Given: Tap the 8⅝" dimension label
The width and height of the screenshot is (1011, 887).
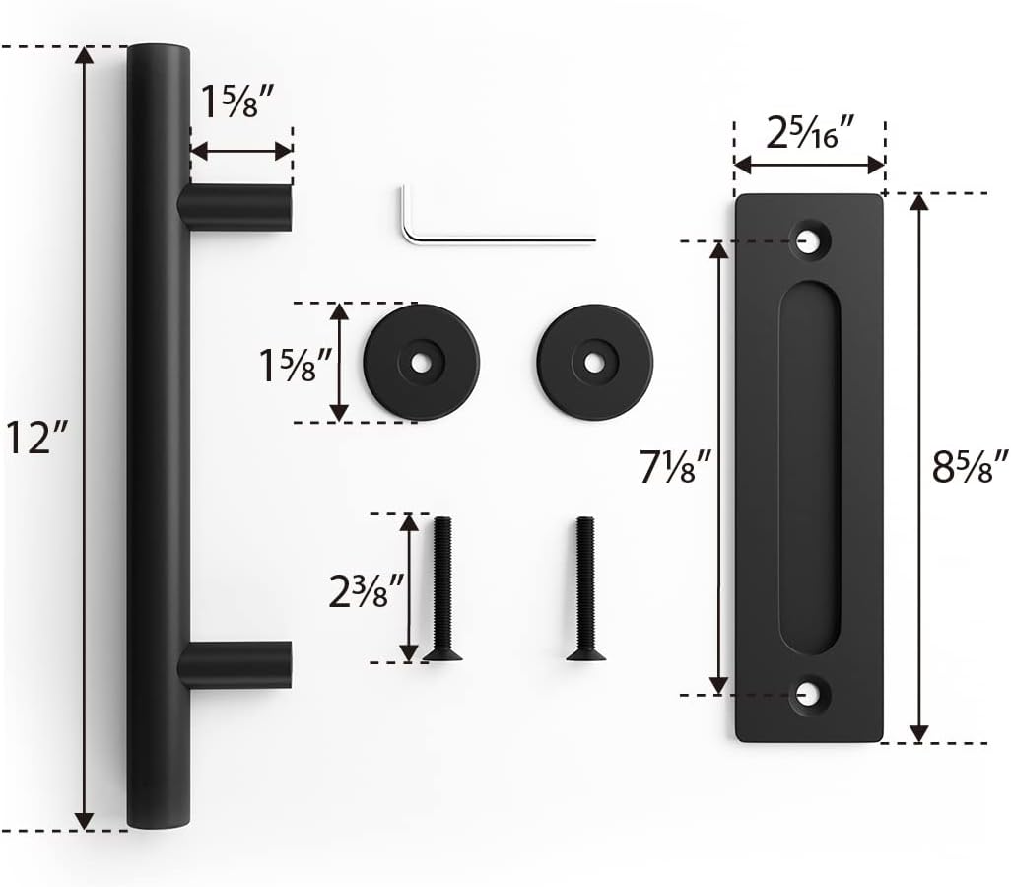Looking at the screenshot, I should [x=970, y=465].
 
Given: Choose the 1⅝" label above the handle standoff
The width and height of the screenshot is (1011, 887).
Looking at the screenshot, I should [x=237, y=101].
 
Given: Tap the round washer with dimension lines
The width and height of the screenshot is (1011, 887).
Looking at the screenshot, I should [x=422, y=362].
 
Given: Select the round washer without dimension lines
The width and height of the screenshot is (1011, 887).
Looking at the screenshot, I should [x=595, y=361].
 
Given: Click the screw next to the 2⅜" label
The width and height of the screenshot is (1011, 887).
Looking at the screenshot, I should [x=442, y=588].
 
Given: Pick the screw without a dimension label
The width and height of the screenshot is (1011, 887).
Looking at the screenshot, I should [x=585, y=588].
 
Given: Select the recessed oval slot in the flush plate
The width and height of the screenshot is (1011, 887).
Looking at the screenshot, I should [x=809, y=466].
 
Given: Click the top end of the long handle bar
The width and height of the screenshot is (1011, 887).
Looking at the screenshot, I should [x=157, y=59].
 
